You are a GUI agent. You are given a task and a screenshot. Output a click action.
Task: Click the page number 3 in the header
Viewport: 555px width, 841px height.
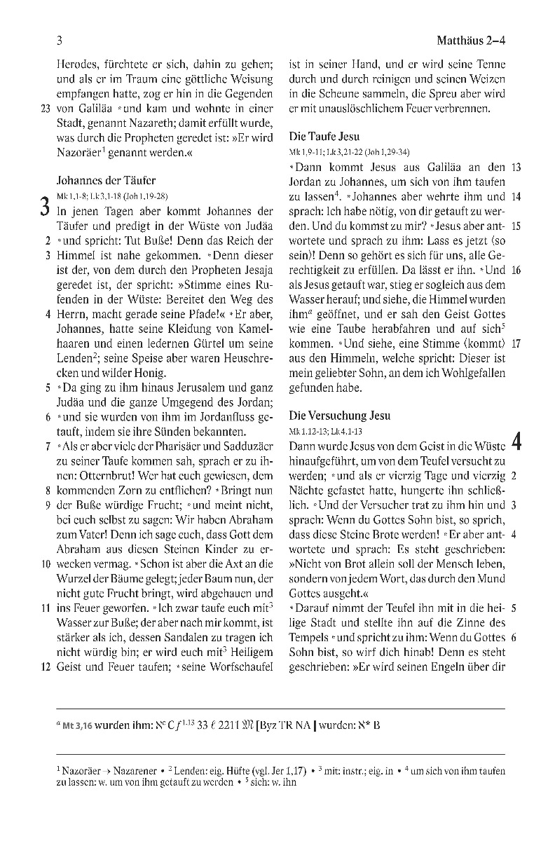(x=60, y=40)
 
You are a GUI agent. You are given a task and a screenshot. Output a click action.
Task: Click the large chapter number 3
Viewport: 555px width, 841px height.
(x=44, y=209)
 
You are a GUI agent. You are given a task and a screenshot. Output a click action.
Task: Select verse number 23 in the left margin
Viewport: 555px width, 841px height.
(x=46, y=109)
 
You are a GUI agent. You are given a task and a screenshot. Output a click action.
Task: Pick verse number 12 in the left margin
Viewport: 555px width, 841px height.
(x=46, y=668)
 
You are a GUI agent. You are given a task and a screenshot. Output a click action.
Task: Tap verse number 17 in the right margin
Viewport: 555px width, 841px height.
(x=516, y=344)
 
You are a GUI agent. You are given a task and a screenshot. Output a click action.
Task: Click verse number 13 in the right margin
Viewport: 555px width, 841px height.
(x=516, y=167)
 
